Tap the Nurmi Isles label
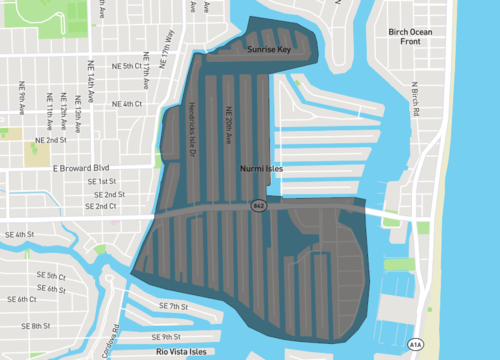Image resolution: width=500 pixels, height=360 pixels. (x=262, y=169)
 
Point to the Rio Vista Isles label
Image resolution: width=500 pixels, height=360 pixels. (x=180, y=351)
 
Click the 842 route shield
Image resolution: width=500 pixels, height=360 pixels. (x=258, y=205)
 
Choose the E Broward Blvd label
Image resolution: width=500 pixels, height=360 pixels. (x=80, y=169)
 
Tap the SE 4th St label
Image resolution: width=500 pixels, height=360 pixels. (x=21, y=233)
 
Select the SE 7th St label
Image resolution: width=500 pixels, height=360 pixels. (x=173, y=306)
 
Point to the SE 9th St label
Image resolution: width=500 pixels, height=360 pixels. (x=179, y=336)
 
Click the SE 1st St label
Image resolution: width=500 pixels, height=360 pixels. (x=102, y=181)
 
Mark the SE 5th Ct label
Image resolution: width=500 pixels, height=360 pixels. (x=50, y=275)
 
